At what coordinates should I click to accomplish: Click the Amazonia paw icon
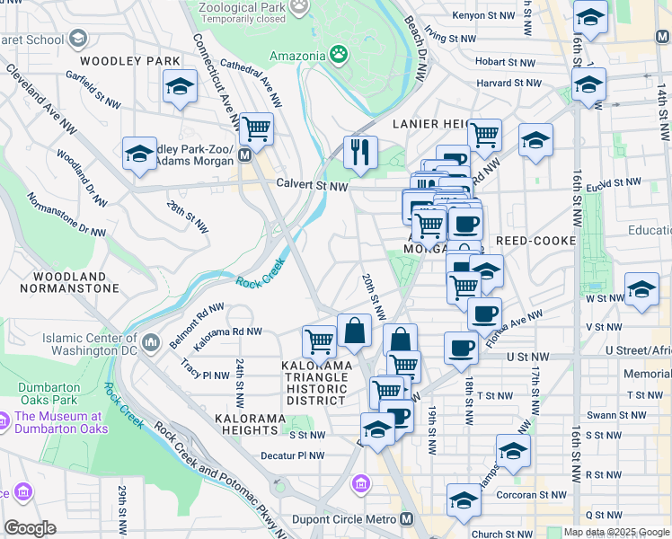(339, 55)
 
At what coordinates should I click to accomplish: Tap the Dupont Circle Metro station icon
(407, 519)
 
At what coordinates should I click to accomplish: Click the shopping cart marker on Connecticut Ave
(256, 129)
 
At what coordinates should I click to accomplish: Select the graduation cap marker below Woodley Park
(180, 86)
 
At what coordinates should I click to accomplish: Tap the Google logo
(30, 528)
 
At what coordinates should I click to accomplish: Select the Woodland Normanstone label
(75, 282)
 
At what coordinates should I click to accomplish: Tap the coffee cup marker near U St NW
(461, 347)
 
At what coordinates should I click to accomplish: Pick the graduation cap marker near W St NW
(641, 289)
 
